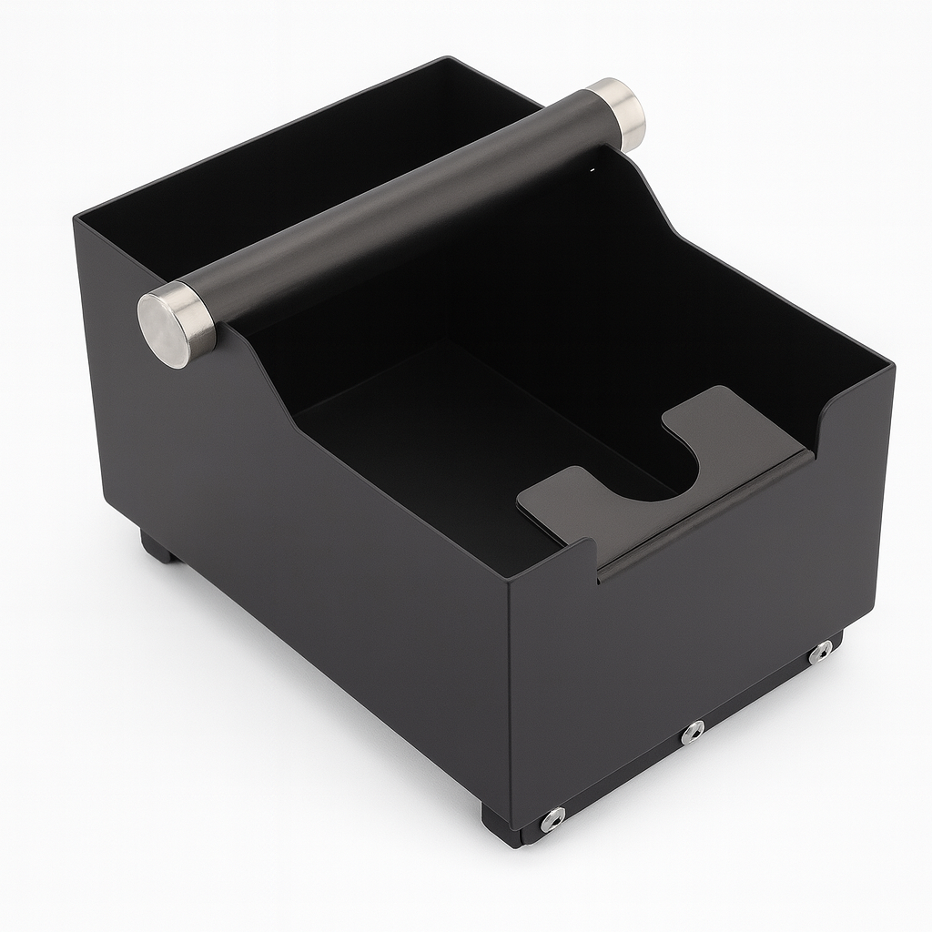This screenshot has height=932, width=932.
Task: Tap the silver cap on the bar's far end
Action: (618, 113)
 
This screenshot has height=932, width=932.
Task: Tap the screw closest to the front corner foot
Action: (552, 819)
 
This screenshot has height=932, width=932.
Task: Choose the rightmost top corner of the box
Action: (893, 367)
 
